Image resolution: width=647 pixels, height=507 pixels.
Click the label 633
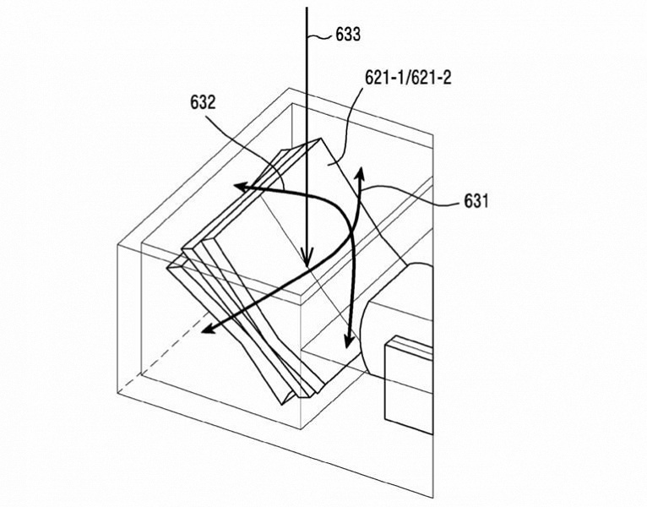point(348,35)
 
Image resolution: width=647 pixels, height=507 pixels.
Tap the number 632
point(203,102)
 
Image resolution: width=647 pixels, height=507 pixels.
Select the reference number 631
point(476,200)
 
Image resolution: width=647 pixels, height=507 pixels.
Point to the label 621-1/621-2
point(408,77)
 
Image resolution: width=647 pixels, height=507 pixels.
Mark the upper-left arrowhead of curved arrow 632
point(242,187)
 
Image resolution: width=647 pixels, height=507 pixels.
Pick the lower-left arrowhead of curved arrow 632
point(209,329)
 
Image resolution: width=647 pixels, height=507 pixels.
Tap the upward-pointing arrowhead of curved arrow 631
point(360,174)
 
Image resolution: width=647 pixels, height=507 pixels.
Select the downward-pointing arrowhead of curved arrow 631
point(349,341)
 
